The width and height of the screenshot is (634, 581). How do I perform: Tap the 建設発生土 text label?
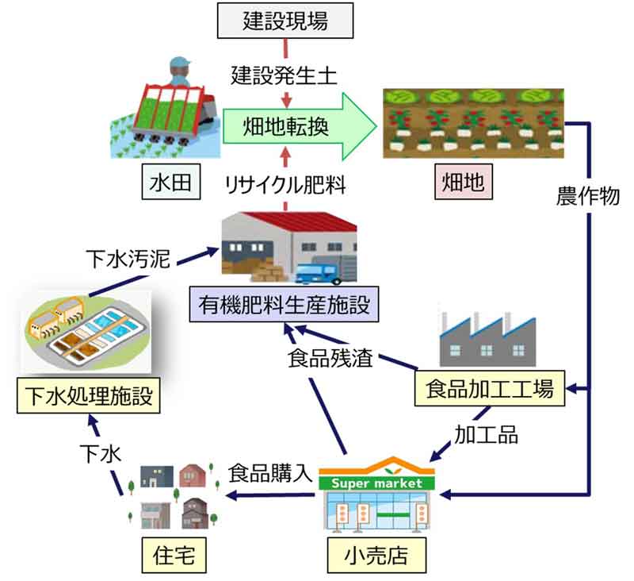pyautogui.click(x=285, y=76)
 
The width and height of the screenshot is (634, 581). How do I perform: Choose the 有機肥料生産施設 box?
pyautogui.click(x=280, y=303)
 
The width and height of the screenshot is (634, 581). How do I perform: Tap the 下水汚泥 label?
pyautogui.click(x=128, y=259)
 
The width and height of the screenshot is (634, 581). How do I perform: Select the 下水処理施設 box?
pyautogui.click(x=87, y=394)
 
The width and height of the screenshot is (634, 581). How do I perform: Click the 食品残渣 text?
pyautogui.click(x=329, y=356)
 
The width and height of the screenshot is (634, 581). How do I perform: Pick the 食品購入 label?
pyautogui.click(x=267, y=473)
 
